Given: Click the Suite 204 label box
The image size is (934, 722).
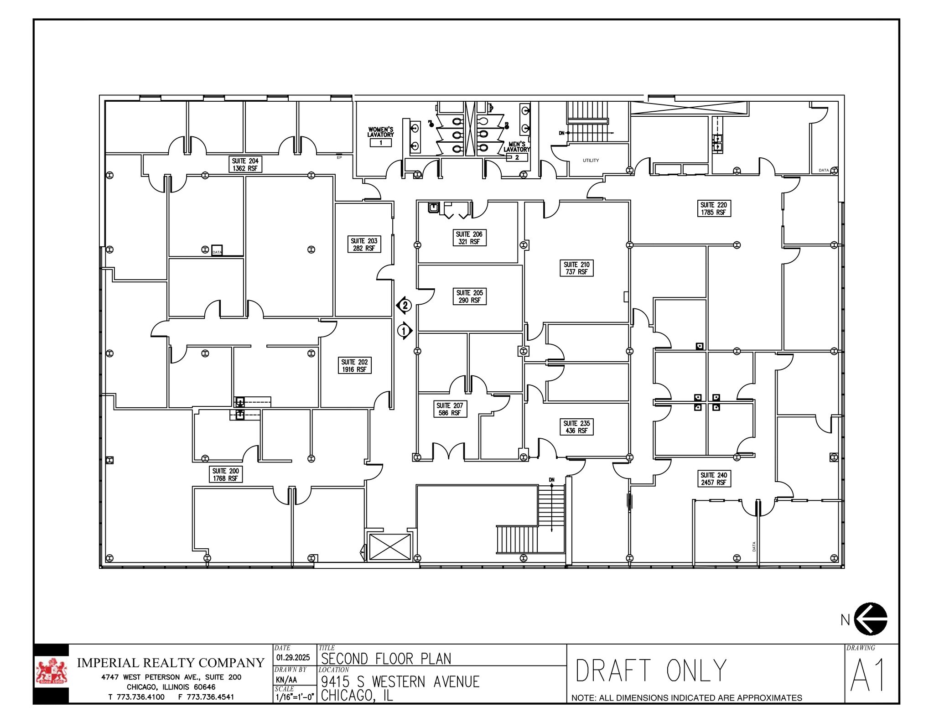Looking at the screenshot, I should pyautogui.click(x=245, y=165).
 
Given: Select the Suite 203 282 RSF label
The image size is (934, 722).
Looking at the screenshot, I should pyautogui.click(x=363, y=244).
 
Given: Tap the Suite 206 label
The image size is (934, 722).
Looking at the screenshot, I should pyautogui.click(x=469, y=238).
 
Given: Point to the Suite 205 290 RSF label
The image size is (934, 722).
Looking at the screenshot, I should pyautogui.click(x=469, y=296).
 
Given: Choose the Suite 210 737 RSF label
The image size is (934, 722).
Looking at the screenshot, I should pyautogui.click(x=576, y=268).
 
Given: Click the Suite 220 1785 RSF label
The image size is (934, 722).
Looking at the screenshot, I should pyautogui.click(x=714, y=208).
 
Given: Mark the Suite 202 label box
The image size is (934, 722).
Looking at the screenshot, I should pyautogui.click(x=354, y=365).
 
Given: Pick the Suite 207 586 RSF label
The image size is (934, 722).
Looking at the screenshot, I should pyautogui.click(x=449, y=409).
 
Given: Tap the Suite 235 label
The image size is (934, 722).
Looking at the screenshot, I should pyautogui.click(x=576, y=427).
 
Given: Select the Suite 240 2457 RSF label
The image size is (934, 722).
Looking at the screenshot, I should pyautogui.click(x=714, y=478).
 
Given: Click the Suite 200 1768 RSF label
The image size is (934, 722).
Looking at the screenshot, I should pyautogui.click(x=225, y=474).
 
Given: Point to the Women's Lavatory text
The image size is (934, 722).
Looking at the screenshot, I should pyautogui.click(x=380, y=132).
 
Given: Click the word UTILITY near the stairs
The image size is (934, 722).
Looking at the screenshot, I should pyautogui.click(x=591, y=161).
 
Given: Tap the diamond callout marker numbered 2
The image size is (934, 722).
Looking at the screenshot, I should pyautogui.click(x=404, y=305).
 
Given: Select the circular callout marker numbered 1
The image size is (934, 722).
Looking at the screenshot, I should pyautogui.click(x=405, y=331).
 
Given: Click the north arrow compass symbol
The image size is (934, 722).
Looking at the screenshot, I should pyautogui.click(x=870, y=619).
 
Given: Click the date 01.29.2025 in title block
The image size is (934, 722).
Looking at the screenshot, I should pyautogui.click(x=293, y=657).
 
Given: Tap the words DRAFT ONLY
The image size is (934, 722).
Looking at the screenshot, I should pyautogui.click(x=651, y=670).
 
